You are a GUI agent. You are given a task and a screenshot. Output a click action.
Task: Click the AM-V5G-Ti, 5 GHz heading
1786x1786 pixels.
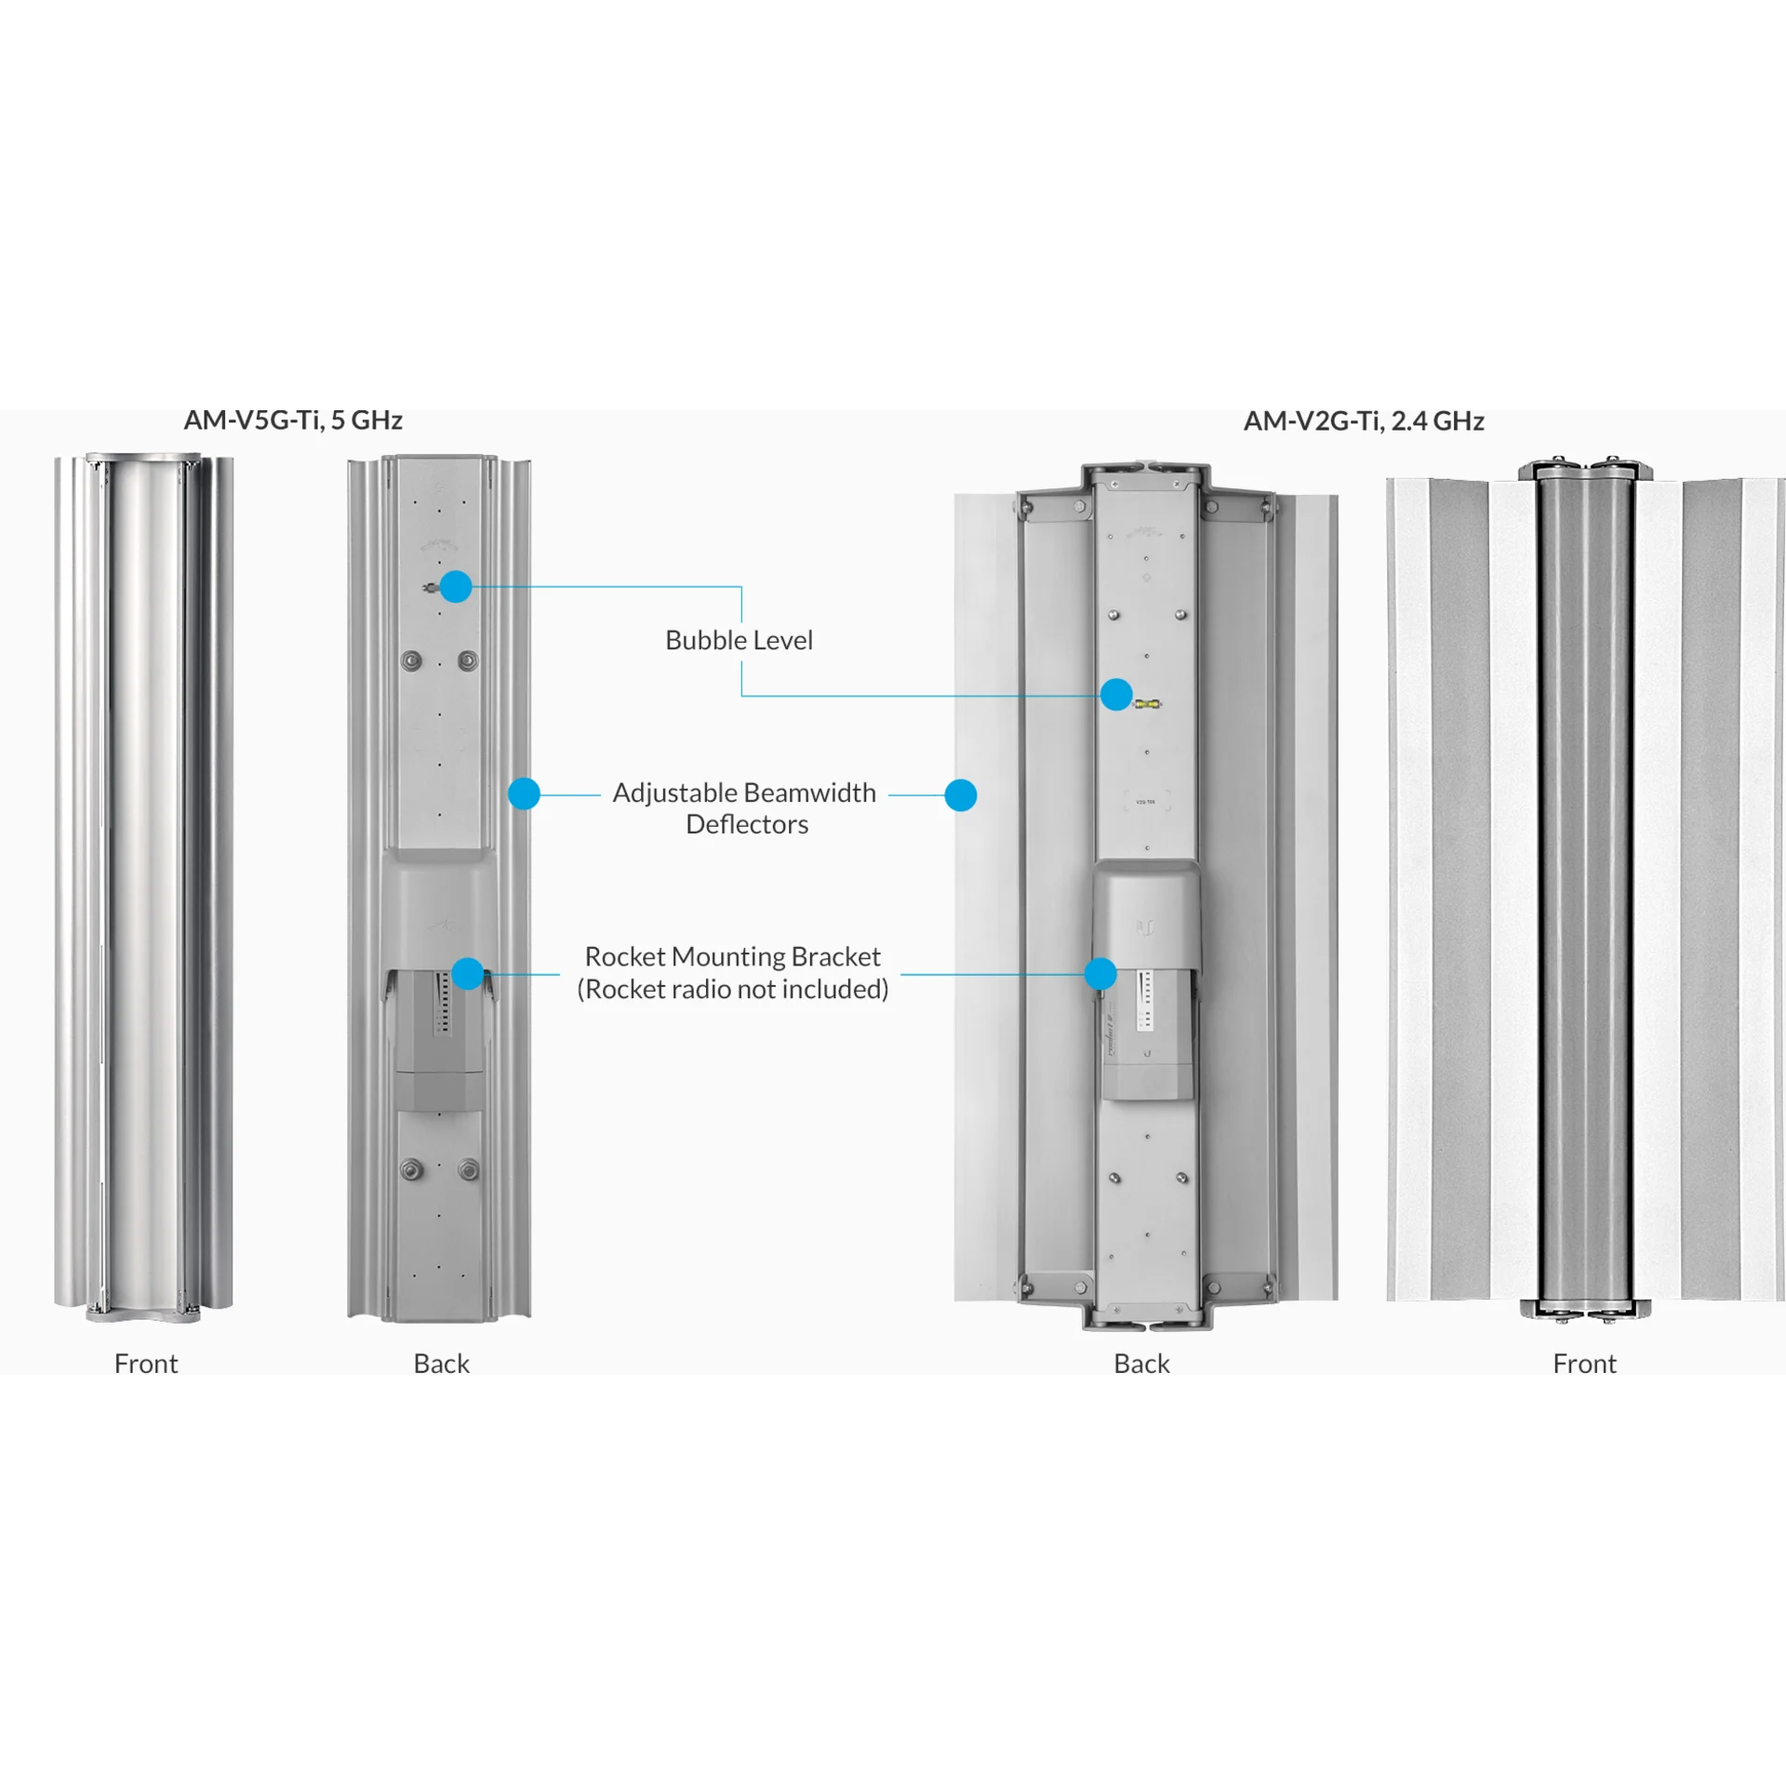293,420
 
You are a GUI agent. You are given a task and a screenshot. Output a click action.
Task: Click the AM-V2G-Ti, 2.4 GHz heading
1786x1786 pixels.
1364,421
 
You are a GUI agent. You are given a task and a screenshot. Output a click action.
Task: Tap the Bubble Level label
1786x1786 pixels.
739,640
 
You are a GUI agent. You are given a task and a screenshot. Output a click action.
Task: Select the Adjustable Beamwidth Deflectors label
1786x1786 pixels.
745,808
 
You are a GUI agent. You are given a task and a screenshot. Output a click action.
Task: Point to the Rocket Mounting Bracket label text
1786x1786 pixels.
733,956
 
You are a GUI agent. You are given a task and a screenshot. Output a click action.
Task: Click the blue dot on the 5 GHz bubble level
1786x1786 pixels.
456,586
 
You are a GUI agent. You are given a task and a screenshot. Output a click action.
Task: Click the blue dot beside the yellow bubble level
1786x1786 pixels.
1116,694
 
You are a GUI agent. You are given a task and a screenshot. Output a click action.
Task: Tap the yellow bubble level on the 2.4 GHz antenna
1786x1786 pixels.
1147,704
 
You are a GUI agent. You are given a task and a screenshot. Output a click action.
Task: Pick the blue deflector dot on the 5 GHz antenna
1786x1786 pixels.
524,793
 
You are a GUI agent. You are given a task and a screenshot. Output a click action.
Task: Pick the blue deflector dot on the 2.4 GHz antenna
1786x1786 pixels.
961,795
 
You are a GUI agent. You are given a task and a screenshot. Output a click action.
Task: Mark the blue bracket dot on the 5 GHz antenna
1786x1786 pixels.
468,974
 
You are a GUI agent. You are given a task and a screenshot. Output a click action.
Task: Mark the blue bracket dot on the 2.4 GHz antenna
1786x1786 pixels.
1100,974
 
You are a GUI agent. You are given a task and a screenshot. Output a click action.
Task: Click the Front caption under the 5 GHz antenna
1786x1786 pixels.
146,1363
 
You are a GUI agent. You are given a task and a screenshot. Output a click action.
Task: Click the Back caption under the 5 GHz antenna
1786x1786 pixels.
441,1363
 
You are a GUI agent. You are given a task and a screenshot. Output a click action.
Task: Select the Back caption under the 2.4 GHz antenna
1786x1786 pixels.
1141,1363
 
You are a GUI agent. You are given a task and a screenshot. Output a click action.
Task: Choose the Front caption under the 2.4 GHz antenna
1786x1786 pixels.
1584,1363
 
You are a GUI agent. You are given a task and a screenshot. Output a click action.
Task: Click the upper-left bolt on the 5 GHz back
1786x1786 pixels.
411,660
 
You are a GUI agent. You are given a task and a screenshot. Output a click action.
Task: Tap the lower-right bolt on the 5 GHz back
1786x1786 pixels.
469,1169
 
